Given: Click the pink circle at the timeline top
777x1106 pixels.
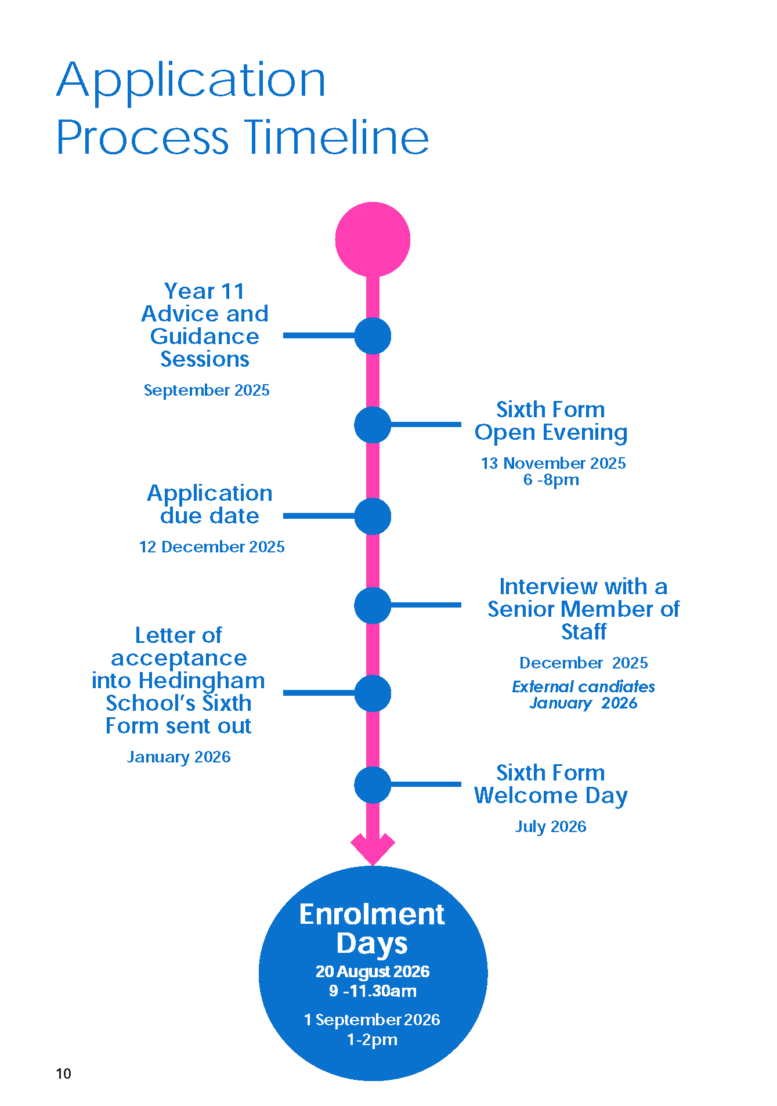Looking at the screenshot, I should point(373,239).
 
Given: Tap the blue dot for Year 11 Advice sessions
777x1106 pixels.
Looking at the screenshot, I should point(373,336).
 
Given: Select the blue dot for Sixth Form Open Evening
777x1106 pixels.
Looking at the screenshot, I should point(373,425).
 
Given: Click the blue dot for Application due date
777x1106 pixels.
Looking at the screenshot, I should point(373,516).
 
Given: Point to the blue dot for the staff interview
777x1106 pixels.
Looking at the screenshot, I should point(373,605).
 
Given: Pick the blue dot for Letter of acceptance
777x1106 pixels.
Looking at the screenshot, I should point(373,693).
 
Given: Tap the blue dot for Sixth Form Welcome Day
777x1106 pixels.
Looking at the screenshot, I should point(373,785).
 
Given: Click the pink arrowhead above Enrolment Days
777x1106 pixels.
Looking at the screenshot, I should point(373,848).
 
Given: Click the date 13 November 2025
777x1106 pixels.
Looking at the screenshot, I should point(553,463).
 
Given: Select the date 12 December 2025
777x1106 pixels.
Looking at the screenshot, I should point(212,547).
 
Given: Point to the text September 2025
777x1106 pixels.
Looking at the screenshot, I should point(207,390).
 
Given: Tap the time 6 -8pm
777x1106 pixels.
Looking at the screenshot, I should point(551,480).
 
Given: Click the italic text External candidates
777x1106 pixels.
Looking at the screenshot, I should point(583,686).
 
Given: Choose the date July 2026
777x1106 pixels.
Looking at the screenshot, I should point(551,826).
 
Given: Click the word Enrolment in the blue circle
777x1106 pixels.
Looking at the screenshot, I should point(372,915).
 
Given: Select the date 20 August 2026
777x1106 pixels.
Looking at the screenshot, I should point(373,971).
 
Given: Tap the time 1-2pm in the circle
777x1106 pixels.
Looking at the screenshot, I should point(372,1039).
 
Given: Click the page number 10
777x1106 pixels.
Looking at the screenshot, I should point(63,1074).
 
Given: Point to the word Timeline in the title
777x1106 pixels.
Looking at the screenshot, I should point(336,138).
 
